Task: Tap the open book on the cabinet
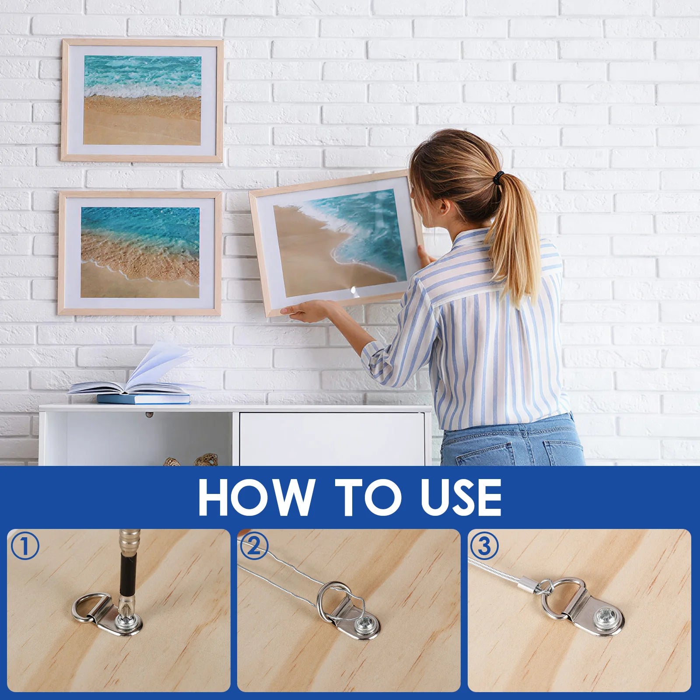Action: (x=136, y=376)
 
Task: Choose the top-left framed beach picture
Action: (x=142, y=100)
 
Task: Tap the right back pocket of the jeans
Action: (x=562, y=452)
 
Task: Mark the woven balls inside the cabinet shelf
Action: (x=191, y=460)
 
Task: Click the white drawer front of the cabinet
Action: (x=331, y=439)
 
